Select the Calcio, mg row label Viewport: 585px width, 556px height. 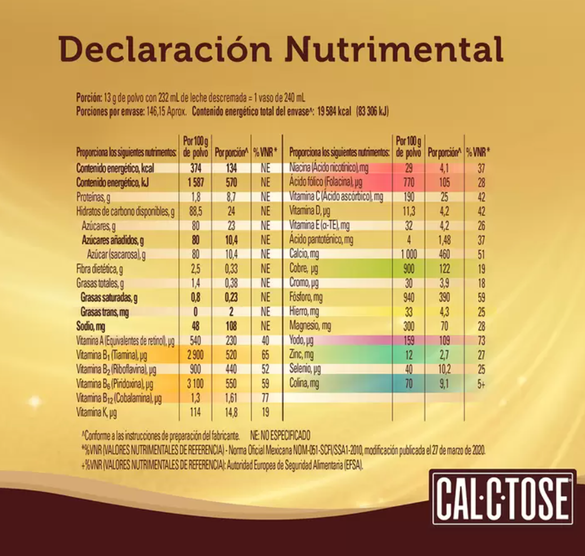pyautogui.click(x=305, y=254)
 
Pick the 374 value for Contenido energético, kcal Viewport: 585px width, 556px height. pyautogui.click(x=195, y=168)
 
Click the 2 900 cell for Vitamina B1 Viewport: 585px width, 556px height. pyautogui.click(x=195, y=355)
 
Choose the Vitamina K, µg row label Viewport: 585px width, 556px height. pyautogui.click(x=97, y=411)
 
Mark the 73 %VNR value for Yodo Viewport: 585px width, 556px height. pyautogui.click(x=480, y=340)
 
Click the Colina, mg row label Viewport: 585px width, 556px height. pyautogui.click(x=304, y=383)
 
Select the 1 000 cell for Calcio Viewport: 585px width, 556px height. pyautogui.click(x=408, y=254)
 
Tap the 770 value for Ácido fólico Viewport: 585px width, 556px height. pyautogui.click(x=408, y=183)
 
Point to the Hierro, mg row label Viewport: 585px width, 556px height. pyautogui.click(x=304, y=311)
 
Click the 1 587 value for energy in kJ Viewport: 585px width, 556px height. pyautogui.click(x=195, y=182)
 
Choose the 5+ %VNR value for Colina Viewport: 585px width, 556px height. pyautogui.click(x=480, y=383)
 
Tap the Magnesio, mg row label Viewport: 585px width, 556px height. pyautogui.click(x=310, y=326)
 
